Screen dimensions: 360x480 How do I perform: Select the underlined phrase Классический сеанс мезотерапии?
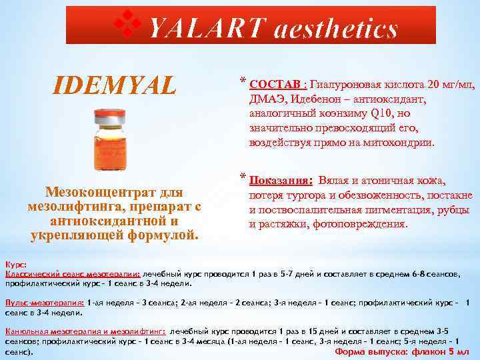click(x=73, y=274)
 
